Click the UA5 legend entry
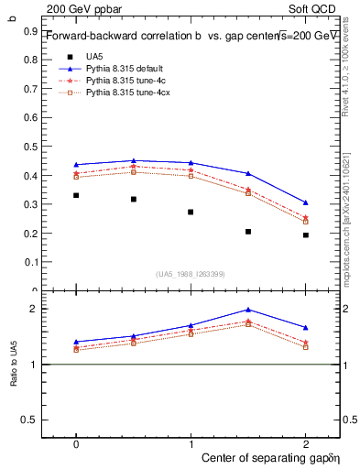93,56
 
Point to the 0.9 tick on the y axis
29,30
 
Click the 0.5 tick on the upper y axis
29,146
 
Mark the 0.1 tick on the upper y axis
29,262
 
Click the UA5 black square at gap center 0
76,195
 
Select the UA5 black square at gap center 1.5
248,232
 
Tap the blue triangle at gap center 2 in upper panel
305,202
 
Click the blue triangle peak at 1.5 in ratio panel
248,310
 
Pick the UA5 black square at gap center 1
191,212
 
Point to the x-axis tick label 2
305,442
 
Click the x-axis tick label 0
76,442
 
